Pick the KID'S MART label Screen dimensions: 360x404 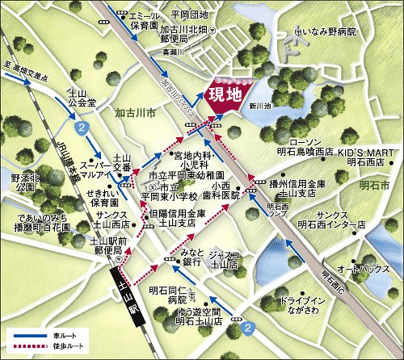365,152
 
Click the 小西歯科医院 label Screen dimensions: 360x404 225,190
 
